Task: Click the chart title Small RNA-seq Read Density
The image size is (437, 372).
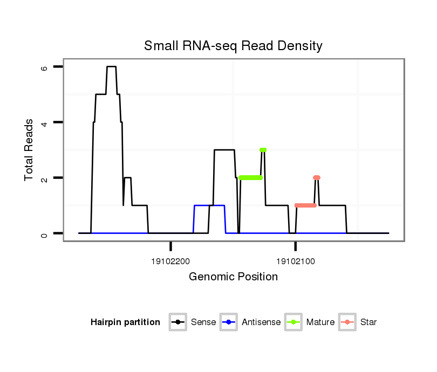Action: [x=233, y=46]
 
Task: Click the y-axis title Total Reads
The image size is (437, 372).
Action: [x=29, y=150]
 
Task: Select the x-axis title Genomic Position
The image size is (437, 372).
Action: [x=233, y=277]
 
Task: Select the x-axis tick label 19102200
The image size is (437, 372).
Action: [x=170, y=261]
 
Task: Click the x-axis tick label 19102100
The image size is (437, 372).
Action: [x=295, y=261]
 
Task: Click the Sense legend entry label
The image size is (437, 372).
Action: [x=203, y=322]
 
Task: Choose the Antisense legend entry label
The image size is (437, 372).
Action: [x=261, y=322]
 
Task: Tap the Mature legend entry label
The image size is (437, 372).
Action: [x=320, y=322]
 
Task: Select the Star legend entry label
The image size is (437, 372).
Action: [x=368, y=322]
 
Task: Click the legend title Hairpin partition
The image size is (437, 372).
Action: [x=125, y=322]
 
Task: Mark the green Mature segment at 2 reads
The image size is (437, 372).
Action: [x=250, y=177]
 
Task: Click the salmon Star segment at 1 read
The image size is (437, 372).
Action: [x=305, y=205]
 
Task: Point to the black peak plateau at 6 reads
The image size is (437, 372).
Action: [x=111, y=67]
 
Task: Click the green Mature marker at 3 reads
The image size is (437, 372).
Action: [x=263, y=150]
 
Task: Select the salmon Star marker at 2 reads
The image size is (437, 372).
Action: [x=317, y=177]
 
